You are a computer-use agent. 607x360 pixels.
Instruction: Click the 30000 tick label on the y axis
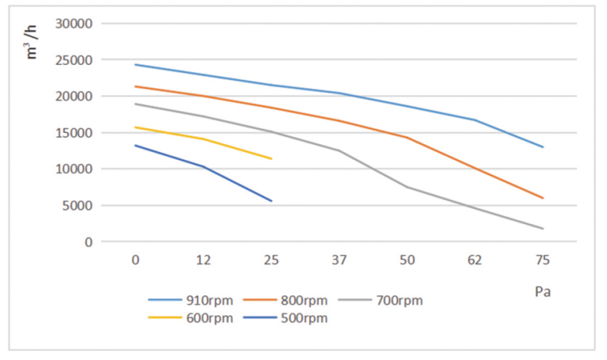click(75, 23)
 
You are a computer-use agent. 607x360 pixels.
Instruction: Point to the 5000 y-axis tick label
click(78, 205)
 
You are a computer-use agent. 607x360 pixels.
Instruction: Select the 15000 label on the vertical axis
click(75, 133)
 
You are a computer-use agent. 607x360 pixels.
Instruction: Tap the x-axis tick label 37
click(339, 260)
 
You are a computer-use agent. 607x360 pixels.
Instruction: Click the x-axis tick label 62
click(475, 260)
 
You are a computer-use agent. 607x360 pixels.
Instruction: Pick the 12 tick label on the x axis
click(203, 260)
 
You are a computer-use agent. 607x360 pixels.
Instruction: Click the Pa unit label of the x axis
click(542, 291)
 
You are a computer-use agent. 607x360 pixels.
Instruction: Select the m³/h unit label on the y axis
click(32, 41)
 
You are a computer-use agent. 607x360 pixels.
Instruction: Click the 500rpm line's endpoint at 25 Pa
click(271, 201)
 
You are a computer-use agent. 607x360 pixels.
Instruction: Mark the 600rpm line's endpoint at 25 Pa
click(271, 158)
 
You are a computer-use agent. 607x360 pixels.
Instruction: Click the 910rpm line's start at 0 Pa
click(135, 64)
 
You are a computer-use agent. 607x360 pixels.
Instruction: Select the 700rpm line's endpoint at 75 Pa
click(543, 229)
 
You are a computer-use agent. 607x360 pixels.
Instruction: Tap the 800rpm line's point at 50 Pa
click(407, 137)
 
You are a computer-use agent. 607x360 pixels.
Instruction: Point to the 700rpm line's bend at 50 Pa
click(407, 187)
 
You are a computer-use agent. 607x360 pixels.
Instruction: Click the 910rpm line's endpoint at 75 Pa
click(543, 147)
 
